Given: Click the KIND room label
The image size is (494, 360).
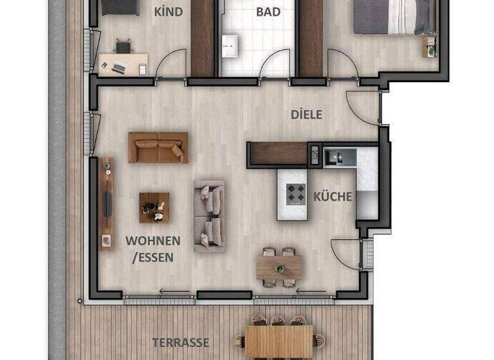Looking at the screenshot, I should click(169, 12).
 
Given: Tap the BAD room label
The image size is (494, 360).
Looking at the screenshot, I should click(268, 12).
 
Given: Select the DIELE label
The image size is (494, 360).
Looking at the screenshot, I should click(306, 115).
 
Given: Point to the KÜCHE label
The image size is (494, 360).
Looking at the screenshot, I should click(333, 197).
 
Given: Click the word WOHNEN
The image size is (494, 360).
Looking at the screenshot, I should click(152, 241).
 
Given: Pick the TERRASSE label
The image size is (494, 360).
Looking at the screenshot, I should click(180, 342).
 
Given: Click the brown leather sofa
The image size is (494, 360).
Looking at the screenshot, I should click(158, 147).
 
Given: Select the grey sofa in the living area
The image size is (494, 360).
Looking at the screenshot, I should click(210, 215).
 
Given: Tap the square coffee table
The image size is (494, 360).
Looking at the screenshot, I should click(154, 207).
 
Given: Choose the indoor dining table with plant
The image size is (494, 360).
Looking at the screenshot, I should click(280, 266).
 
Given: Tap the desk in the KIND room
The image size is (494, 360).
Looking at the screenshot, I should click(123, 64).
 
